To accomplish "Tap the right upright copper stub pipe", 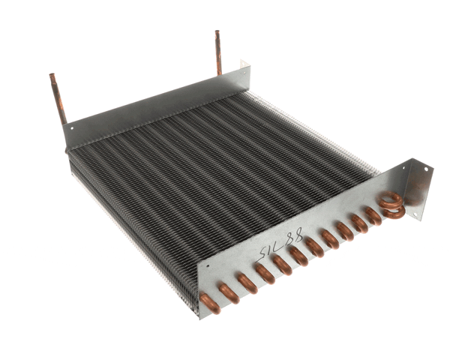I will [x=218, y=52].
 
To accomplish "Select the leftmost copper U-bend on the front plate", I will [x=210, y=301].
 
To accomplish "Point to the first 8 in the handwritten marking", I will [x=287, y=237].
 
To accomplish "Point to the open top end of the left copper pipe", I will [x=52, y=76].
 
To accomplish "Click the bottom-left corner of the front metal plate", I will [x=201, y=316].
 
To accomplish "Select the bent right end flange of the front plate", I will [x=420, y=190].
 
